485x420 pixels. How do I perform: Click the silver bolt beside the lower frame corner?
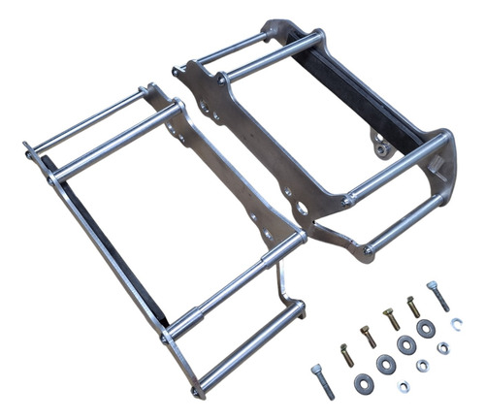[x=323, y=381]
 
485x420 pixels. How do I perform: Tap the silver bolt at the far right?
[x=437, y=295]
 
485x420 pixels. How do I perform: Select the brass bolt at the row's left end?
[x=346, y=355]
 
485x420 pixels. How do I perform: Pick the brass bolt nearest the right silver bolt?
[x=414, y=307]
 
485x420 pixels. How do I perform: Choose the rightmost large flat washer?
[x=426, y=329]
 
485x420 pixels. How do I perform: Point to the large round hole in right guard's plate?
[x=303, y=209]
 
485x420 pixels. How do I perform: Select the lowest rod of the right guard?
[x=404, y=225]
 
